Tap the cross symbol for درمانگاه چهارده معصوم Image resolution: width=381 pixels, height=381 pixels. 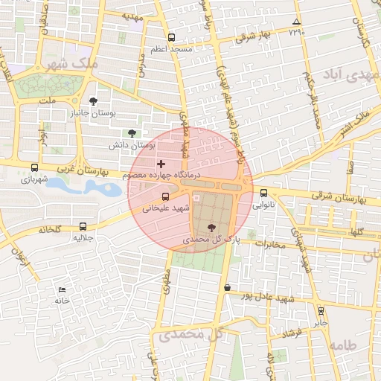click(161, 163)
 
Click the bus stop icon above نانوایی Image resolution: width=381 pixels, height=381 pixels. click(263, 191)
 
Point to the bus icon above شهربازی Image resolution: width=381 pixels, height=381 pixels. click(34, 167)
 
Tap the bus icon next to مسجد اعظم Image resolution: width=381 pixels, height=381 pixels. click(172, 37)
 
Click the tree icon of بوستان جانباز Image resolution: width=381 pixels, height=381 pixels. click(92, 101)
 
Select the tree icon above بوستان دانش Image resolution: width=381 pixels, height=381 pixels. click(132, 132)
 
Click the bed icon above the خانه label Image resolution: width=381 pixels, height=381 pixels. click(61, 289)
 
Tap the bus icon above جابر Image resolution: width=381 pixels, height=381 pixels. click(321, 311)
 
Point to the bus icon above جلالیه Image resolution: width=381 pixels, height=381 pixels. click(82, 226)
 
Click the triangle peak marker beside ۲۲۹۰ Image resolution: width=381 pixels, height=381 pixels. click(297, 22)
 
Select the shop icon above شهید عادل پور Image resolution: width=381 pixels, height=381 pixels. click(227, 287)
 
